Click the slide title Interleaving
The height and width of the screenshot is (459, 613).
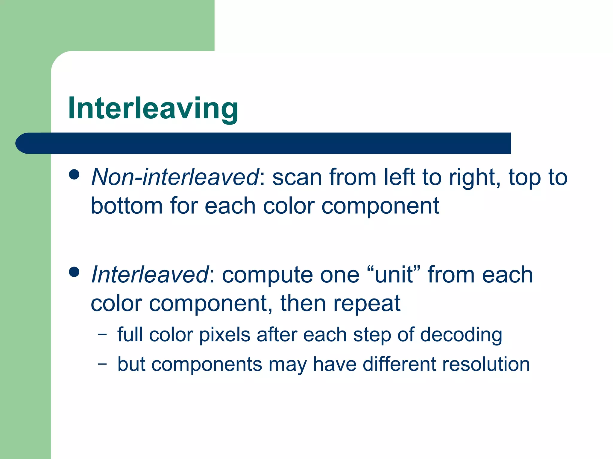(153, 108)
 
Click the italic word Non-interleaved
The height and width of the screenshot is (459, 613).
(175, 177)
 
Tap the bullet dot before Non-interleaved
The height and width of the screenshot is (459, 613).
(74, 175)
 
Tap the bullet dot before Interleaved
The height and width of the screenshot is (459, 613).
(74, 272)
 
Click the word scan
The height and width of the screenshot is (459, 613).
(297, 178)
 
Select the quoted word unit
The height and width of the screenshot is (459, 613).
(394, 275)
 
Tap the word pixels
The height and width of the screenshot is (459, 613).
(224, 334)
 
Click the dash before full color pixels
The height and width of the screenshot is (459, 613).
(102, 334)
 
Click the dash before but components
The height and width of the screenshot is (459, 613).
(102, 364)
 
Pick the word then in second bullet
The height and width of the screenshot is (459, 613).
(303, 303)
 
